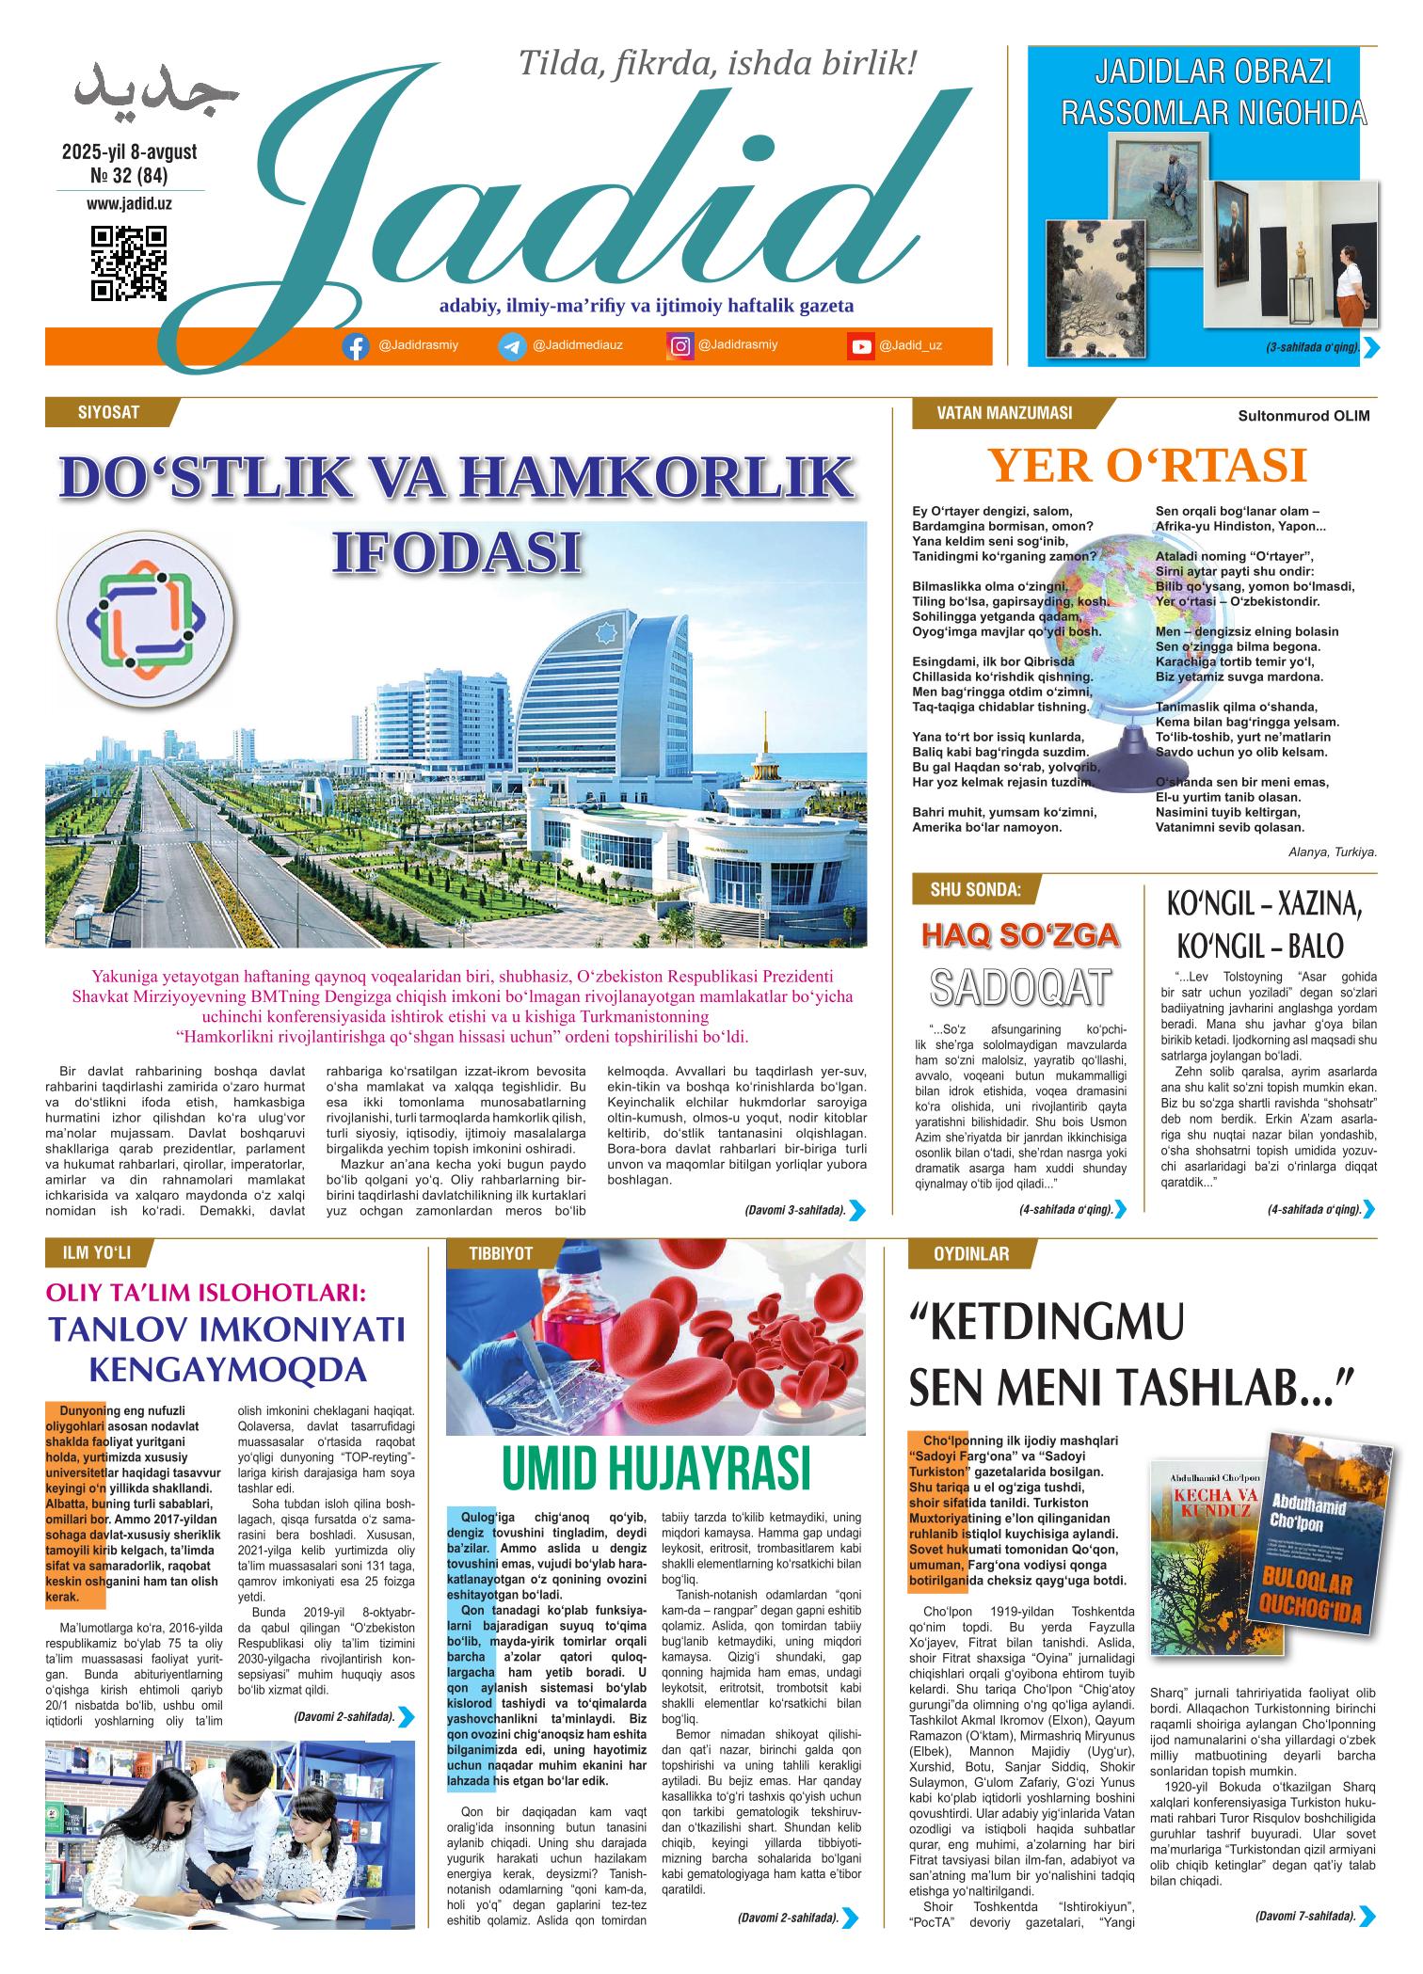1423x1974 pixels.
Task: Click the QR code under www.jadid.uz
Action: (x=128, y=263)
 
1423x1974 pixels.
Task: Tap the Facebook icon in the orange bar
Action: (x=355, y=347)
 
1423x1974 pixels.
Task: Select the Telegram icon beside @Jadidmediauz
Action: (x=512, y=347)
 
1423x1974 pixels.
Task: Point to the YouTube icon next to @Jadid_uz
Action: (x=860, y=347)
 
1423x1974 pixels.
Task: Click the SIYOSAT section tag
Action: (x=109, y=412)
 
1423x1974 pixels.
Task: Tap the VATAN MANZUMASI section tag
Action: (x=1004, y=412)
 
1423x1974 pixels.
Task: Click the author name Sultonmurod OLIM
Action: (x=1303, y=416)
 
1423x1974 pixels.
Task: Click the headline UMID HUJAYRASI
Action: (x=655, y=1469)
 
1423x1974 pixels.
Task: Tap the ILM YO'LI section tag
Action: (x=97, y=1253)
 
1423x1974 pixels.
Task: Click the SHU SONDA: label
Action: (x=974, y=887)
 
